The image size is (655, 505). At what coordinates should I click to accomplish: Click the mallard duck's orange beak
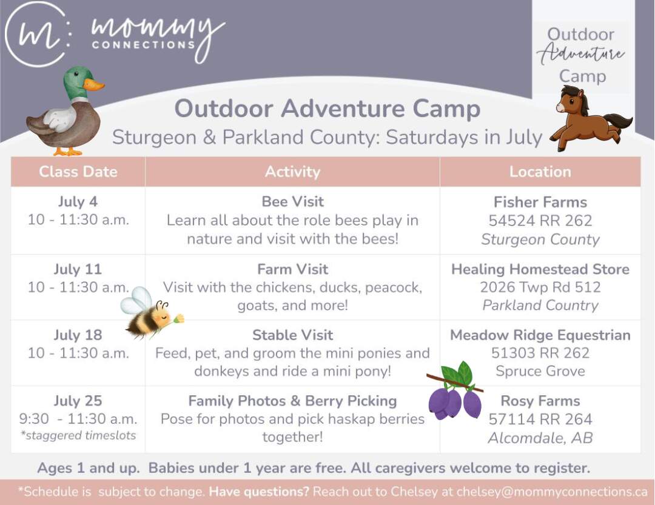[x=94, y=84]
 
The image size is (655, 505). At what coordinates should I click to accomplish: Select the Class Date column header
[x=78, y=172]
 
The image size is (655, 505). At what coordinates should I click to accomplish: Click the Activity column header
[x=292, y=172]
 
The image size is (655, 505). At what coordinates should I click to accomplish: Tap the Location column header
[x=540, y=172]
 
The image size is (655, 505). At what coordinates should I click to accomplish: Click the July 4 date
[x=78, y=202]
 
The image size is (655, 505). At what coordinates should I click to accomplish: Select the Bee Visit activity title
[x=292, y=202]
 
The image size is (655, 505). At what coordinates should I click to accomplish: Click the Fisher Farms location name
[x=540, y=202]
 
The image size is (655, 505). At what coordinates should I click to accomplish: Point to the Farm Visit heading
[x=292, y=269]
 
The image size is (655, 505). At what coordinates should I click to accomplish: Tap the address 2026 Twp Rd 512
[x=540, y=287]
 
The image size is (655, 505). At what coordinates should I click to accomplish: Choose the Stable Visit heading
[x=292, y=335]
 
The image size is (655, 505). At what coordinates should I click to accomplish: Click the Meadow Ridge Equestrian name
[x=540, y=335]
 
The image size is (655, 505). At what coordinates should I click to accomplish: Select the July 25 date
[x=78, y=401]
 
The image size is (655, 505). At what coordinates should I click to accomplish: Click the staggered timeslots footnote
[x=78, y=435]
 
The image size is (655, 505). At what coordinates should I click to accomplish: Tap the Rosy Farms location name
[x=540, y=401]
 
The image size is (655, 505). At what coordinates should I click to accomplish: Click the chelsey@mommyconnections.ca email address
[x=552, y=492]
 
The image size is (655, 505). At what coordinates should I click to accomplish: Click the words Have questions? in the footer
[x=259, y=492]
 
